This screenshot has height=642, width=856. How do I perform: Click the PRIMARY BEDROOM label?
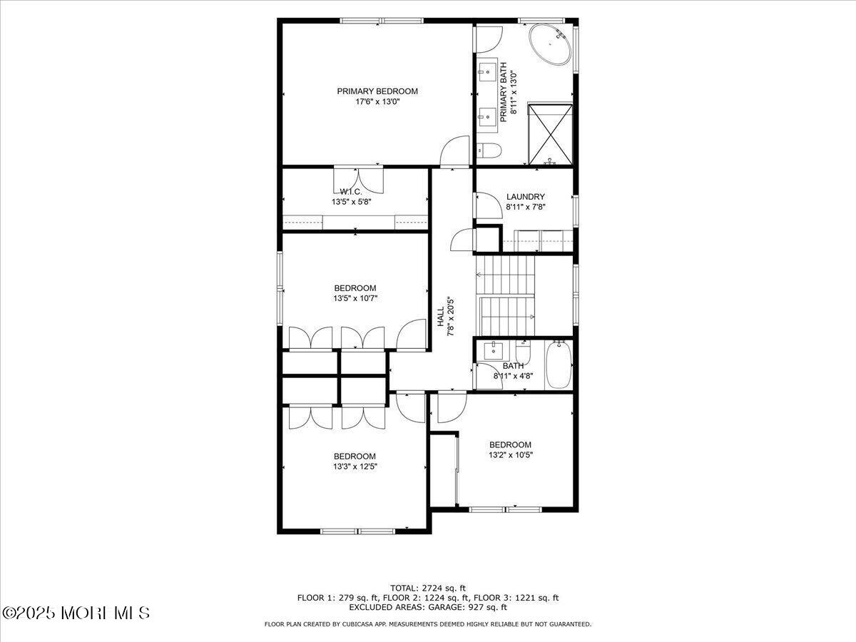point(377,91)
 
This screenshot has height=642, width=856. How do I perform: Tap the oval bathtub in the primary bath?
point(550,44)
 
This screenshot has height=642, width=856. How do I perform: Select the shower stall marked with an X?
point(550,133)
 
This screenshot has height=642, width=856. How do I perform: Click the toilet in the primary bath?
point(489,151)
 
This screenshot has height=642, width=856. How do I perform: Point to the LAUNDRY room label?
point(525,197)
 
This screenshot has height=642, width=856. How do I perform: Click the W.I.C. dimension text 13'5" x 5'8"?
point(352,202)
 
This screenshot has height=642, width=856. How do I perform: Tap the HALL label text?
point(441,317)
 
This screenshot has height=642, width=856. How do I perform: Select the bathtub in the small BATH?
point(559,365)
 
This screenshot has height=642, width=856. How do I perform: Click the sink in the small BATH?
point(494,350)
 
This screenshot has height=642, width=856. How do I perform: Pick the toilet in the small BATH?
point(523,352)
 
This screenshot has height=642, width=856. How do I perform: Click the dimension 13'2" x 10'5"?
point(511,455)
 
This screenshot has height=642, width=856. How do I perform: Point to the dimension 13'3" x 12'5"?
point(355,467)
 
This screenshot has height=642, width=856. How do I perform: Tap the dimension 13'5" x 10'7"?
point(355,299)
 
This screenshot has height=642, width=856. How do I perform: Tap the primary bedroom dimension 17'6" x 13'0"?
point(377,102)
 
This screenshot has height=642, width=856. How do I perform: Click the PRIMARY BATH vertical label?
point(504,93)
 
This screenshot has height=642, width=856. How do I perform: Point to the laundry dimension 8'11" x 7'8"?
point(525,207)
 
